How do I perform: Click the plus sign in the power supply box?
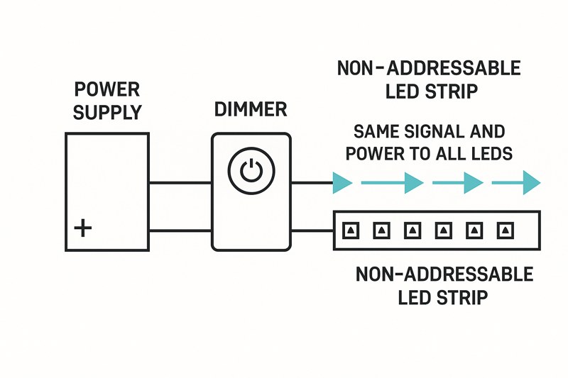click(x=83, y=228)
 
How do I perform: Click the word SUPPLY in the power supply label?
click(x=108, y=112)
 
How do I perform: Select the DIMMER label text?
click(x=250, y=109)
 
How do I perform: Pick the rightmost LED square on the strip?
click(x=506, y=230)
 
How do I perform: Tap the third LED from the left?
click(x=413, y=230)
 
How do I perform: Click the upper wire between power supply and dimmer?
click(x=180, y=182)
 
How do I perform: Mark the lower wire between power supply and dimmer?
click(x=180, y=230)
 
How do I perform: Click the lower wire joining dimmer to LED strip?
click(x=312, y=230)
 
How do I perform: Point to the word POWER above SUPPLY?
click(x=107, y=90)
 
